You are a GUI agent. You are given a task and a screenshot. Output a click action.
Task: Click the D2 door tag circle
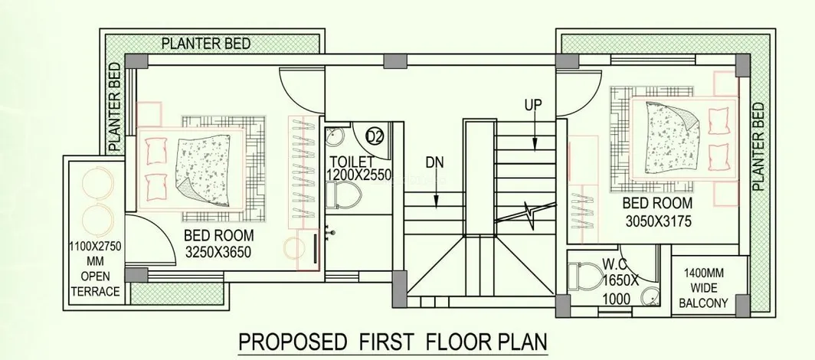(375, 136)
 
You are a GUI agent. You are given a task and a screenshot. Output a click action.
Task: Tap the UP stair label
(533, 105)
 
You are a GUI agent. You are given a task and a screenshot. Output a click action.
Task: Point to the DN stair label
(435, 162)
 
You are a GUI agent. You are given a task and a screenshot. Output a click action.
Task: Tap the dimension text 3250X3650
(218, 253)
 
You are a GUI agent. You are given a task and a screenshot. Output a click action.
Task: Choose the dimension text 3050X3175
(658, 221)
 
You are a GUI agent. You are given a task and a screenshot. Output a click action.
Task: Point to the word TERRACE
(95, 291)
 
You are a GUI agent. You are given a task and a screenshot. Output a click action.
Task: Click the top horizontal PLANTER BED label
(206, 43)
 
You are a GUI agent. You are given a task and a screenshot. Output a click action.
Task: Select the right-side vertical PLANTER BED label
(758, 146)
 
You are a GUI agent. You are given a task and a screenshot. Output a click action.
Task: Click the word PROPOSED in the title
(293, 342)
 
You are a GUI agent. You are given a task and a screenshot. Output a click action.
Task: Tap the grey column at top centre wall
(395, 61)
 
